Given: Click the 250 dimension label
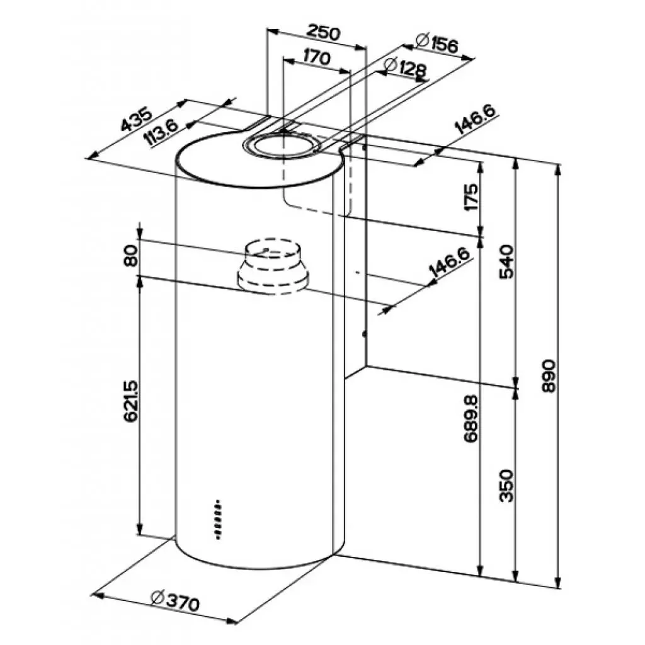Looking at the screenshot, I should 323,33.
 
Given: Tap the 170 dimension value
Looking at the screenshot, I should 316,57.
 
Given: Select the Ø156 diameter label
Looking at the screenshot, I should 437,43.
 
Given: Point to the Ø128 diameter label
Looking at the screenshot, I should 404,67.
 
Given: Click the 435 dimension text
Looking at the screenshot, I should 137,120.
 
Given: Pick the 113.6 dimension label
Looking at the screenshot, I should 161,133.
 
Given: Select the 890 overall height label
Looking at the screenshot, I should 549,377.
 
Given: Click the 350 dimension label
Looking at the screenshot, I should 508,485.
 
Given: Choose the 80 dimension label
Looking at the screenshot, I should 131,257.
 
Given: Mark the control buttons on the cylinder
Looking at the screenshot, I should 217,520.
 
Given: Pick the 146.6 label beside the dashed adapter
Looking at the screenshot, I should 449,262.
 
